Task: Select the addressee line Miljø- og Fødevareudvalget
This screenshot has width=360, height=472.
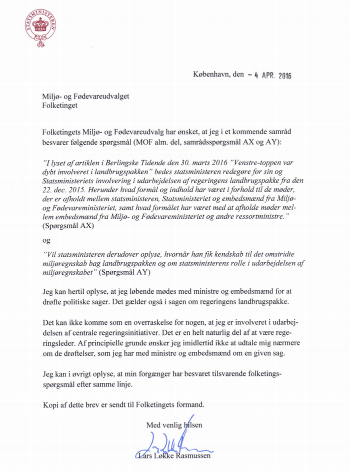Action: click(85, 96)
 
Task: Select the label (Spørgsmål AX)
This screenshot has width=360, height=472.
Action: click(71, 226)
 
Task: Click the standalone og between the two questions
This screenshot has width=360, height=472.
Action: click(47, 240)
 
